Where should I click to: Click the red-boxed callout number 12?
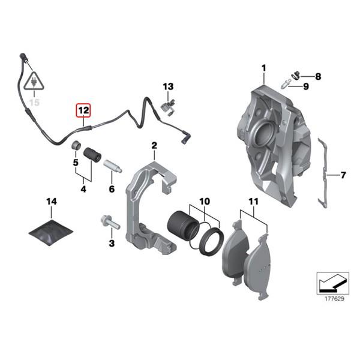tap(83, 110)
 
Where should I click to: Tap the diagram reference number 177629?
tap(334, 299)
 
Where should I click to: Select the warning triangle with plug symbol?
tap(34, 80)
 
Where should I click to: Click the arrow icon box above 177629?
tap(332, 283)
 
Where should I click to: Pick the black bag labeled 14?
tap(51, 233)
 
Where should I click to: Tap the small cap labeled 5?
tap(76, 146)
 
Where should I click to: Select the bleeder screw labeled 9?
tap(286, 84)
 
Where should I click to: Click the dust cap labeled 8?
tap(296, 76)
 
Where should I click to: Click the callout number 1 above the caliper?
tap(264, 68)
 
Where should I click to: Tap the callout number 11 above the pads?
tap(253, 202)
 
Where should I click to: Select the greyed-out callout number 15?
tap(34, 103)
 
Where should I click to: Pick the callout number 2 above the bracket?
tap(154, 145)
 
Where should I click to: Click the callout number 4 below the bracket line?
tap(83, 189)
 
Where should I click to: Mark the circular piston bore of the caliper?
tap(263, 134)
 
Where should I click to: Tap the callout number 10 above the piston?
tap(205, 202)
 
